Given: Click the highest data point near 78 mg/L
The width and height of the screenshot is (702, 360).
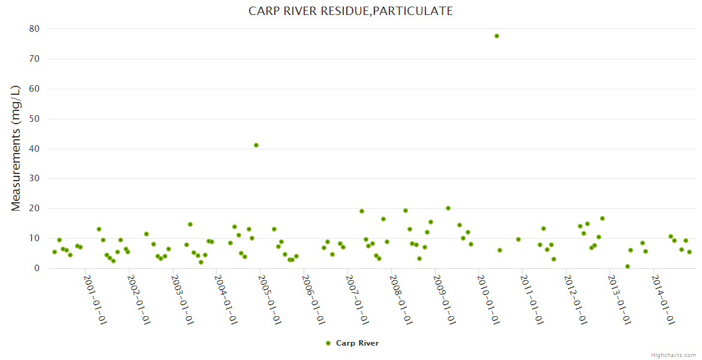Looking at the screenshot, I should click(x=497, y=36).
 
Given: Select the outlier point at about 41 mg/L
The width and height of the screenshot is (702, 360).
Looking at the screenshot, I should click(x=256, y=145).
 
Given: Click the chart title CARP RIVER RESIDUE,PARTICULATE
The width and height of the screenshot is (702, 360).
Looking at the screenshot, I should click(x=351, y=11).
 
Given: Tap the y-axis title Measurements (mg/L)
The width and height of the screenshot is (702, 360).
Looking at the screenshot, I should click(x=16, y=148).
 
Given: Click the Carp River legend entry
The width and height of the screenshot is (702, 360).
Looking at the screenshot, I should click(x=357, y=343).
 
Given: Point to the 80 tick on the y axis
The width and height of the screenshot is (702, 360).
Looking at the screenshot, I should click(x=34, y=29).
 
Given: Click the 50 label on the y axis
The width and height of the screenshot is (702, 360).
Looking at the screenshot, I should click(x=34, y=119).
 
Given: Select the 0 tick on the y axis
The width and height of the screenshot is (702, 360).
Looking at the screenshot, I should click(x=37, y=268).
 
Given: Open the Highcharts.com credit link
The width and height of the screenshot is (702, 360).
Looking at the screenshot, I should click(x=673, y=355).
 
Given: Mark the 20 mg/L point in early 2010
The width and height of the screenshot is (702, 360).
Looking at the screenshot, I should click(x=448, y=208).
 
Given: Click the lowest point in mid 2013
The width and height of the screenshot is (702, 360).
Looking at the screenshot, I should click(x=628, y=266).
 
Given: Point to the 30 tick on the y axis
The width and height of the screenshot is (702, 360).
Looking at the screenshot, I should click(x=34, y=179).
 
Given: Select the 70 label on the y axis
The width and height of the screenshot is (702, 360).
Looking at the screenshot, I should click(x=34, y=59).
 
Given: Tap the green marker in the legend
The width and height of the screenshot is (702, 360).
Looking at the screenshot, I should click(x=328, y=343).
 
